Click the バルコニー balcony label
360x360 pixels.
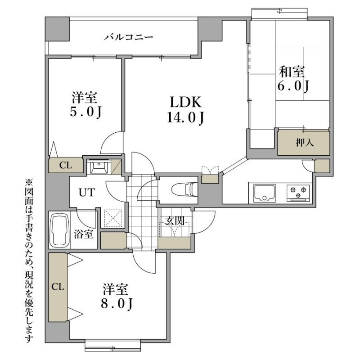(x=128, y=37)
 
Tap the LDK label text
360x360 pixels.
(x=185, y=102)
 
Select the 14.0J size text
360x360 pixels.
(x=185, y=118)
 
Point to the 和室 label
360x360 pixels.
(x=292, y=72)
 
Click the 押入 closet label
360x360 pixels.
(x=305, y=143)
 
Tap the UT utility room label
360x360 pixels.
(x=87, y=193)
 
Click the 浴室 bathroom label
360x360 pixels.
(x=83, y=234)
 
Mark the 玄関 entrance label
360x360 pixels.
(x=175, y=221)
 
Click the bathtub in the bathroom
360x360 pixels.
(x=60, y=230)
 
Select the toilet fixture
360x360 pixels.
(x=184, y=190)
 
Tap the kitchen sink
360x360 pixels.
(x=265, y=193)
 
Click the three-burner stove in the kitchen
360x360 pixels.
(x=298, y=193)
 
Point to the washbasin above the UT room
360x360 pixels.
(x=99, y=166)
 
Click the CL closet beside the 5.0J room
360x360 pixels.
(x=66, y=165)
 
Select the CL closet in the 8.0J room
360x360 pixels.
(x=58, y=287)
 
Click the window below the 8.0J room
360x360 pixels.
(x=113, y=345)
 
